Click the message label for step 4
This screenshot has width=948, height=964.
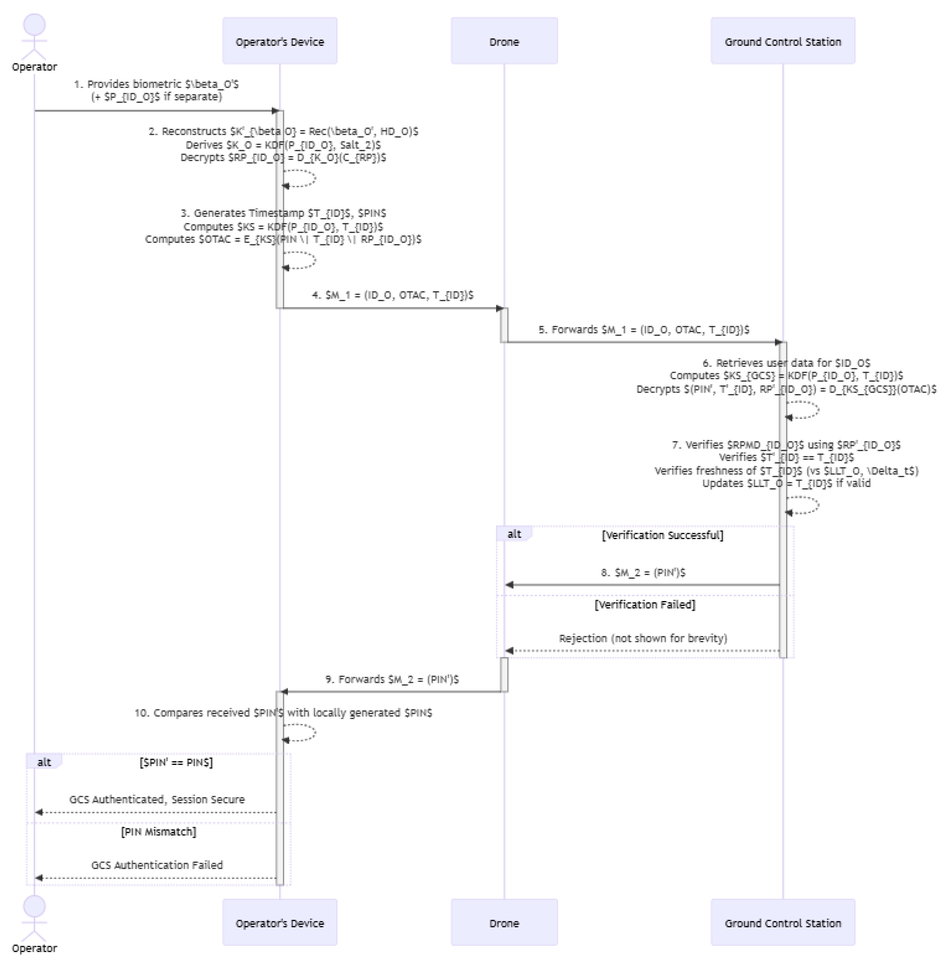click(392, 295)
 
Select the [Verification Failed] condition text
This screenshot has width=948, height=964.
click(645, 604)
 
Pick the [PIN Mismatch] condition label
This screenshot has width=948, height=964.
click(158, 832)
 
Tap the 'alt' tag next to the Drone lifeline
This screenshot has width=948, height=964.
click(514, 534)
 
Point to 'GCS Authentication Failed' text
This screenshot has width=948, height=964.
click(157, 865)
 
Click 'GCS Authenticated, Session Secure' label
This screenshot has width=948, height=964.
click(157, 799)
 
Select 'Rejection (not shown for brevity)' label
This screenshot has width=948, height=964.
click(643, 638)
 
